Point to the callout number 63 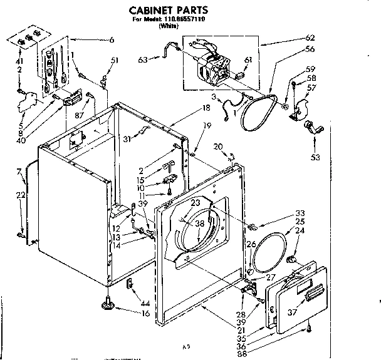point(143,59)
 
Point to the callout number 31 point(128,139)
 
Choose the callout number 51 point(114,60)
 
